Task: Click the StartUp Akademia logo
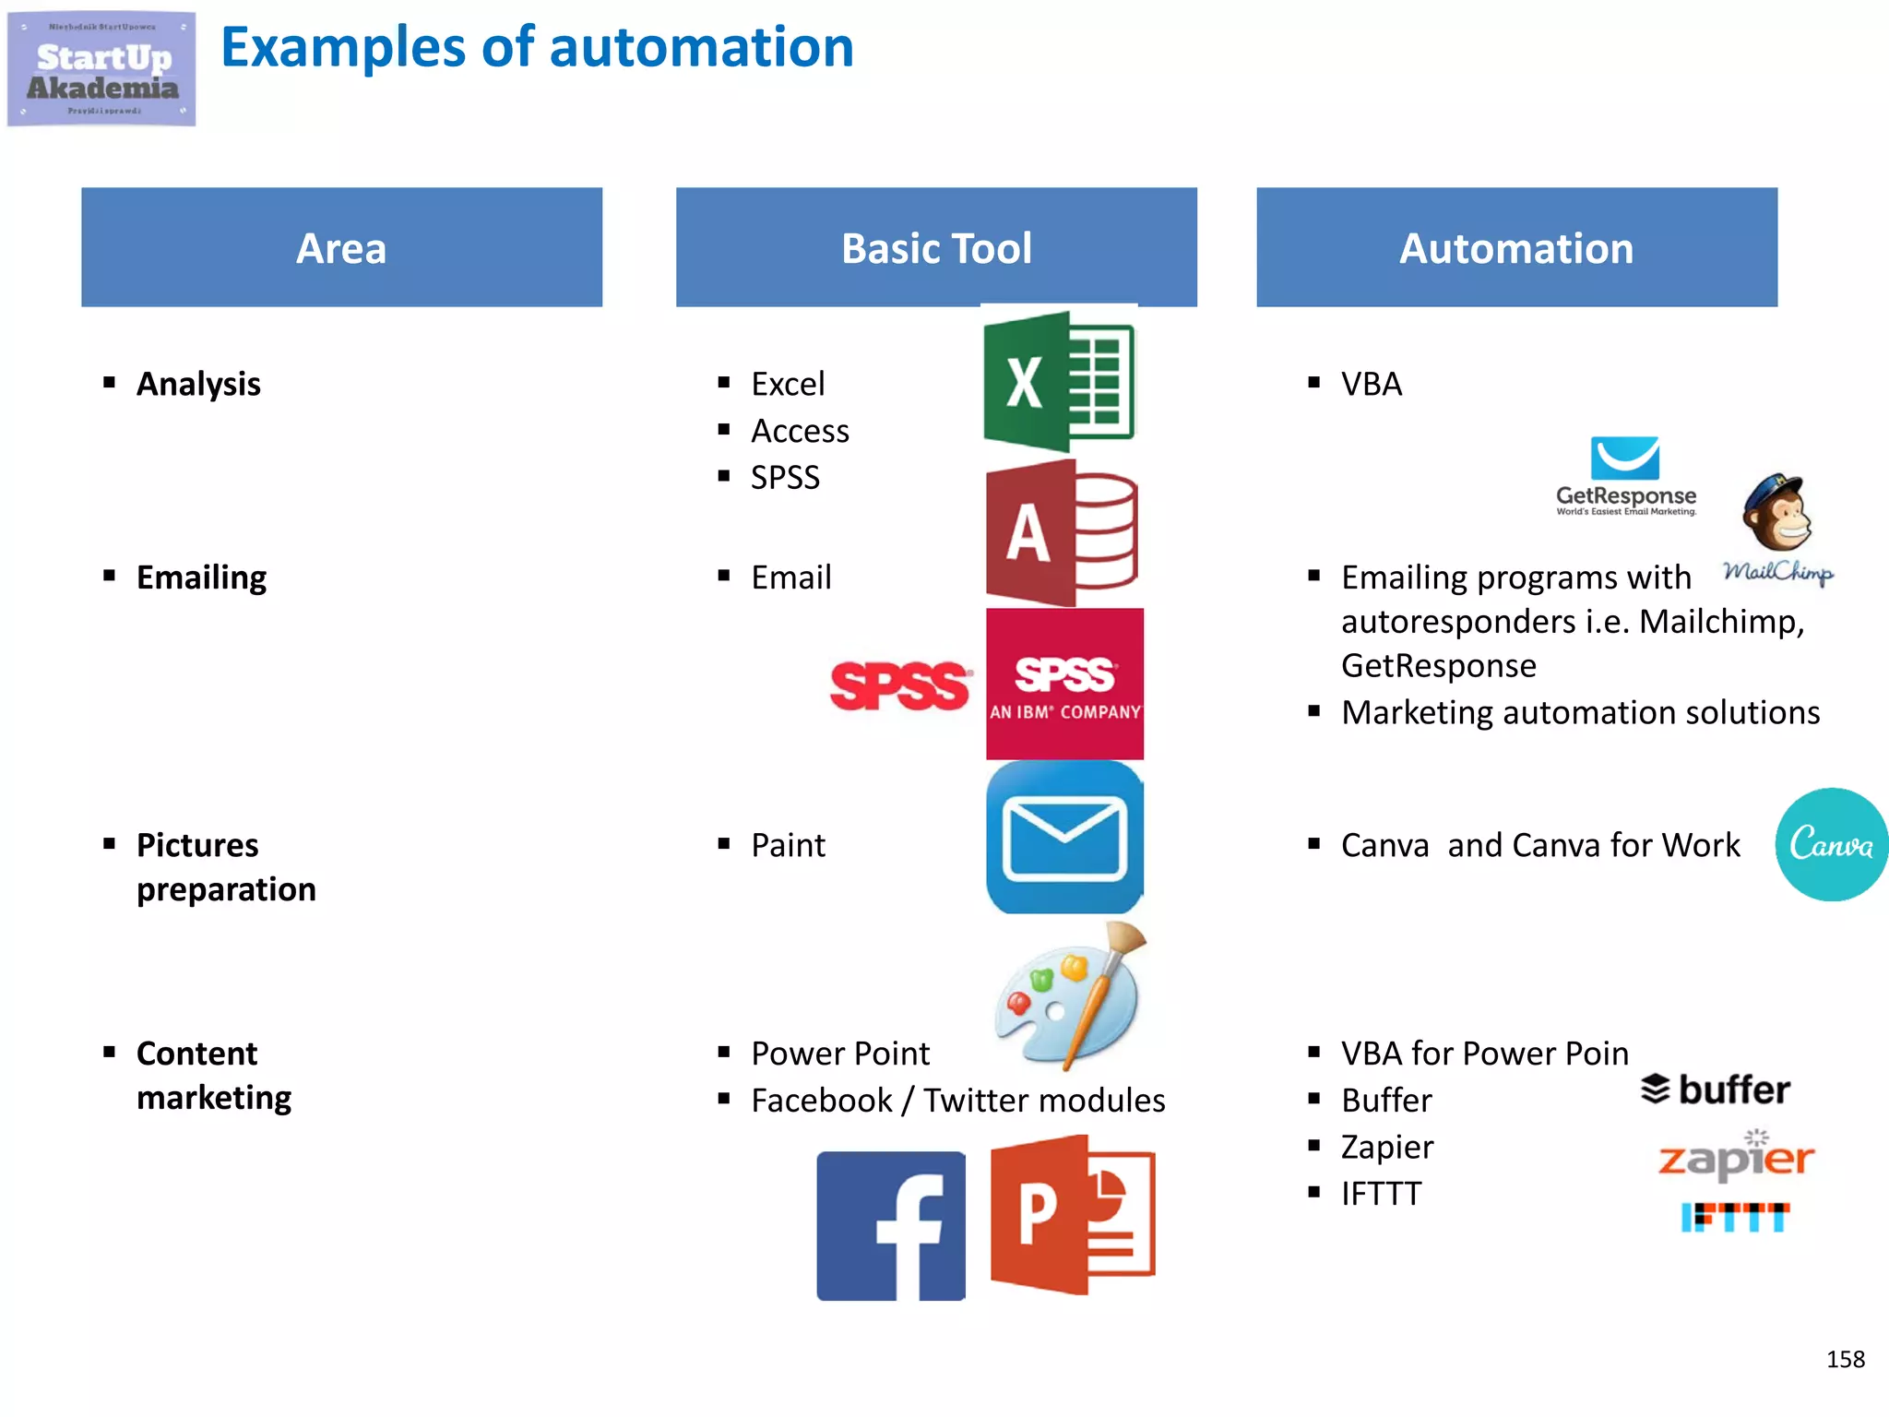(x=101, y=69)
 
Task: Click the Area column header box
(x=341, y=247)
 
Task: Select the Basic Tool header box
(x=936, y=247)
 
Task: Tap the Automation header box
(x=1516, y=247)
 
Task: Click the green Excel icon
(x=1059, y=381)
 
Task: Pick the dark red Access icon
(x=1061, y=533)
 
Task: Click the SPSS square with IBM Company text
(x=1064, y=684)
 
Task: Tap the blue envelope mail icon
(x=1064, y=838)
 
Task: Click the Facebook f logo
(x=891, y=1225)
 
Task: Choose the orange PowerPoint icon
(x=1072, y=1214)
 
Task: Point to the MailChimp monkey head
(x=1777, y=512)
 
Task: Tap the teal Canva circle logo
(x=1831, y=844)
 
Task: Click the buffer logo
(x=1716, y=1090)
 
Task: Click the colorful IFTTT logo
(x=1735, y=1217)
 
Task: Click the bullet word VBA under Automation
(x=1372, y=384)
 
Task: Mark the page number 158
(x=1845, y=1359)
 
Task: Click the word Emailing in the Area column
(x=201, y=578)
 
